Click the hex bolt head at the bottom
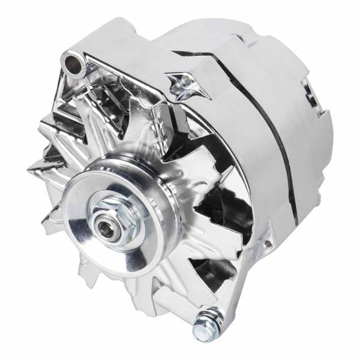200,332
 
